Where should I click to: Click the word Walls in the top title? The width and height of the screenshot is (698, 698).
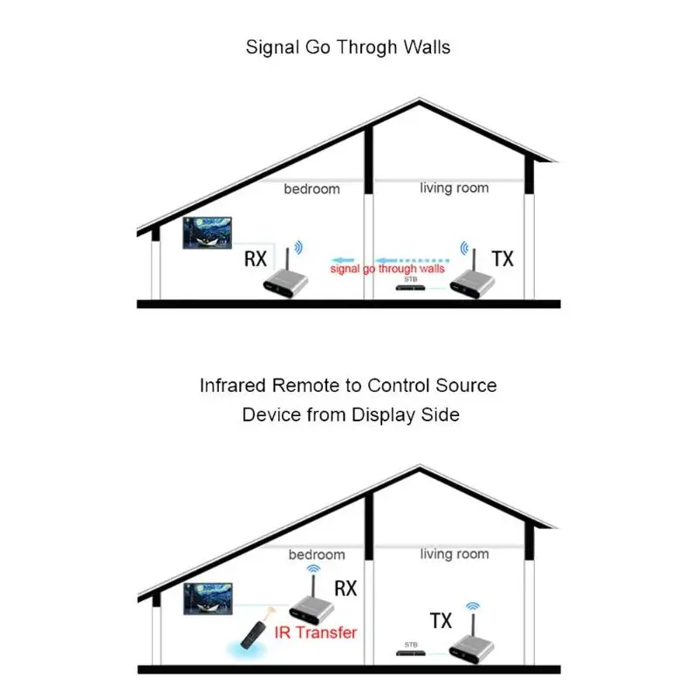[x=428, y=47]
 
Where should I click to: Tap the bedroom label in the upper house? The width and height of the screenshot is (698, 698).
[x=311, y=188]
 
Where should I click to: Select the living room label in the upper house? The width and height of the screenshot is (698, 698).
[x=454, y=188]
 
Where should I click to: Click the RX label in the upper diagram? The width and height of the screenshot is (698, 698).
[x=256, y=258]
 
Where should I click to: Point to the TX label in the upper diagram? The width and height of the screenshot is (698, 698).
[x=503, y=258]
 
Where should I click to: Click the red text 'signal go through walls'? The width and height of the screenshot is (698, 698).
[x=387, y=269]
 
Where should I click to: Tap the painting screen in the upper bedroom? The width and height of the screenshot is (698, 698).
[x=207, y=233]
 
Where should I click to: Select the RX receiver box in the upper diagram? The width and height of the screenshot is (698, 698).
[x=285, y=283]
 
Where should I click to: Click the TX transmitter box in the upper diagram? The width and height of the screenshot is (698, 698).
[x=472, y=283]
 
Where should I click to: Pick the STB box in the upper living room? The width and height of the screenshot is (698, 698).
[x=410, y=288]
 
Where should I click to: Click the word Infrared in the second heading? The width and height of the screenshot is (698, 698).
[x=232, y=386]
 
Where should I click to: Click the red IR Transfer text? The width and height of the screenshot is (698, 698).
[x=316, y=632]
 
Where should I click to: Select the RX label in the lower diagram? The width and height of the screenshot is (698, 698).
[x=346, y=588]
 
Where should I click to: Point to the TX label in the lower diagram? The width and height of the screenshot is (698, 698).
[x=441, y=620]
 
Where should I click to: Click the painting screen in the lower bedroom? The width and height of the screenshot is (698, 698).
[x=208, y=599]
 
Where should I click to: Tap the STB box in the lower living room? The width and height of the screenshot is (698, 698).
[x=410, y=653]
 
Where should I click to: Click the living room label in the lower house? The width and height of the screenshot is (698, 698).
[x=455, y=554]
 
